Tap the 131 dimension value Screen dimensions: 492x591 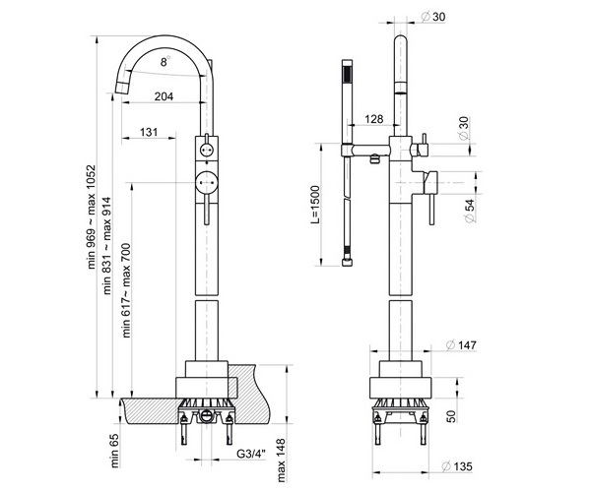point(150,132)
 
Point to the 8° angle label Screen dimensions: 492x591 point(165,61)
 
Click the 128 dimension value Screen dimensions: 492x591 point(373,120)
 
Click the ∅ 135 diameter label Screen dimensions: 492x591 point(461,465)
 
